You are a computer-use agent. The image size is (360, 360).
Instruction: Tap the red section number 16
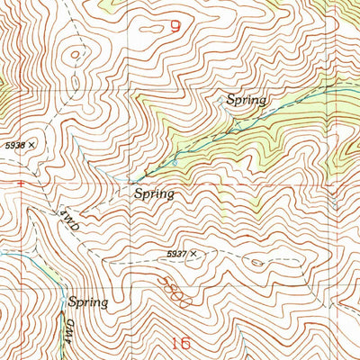tap(181, 342)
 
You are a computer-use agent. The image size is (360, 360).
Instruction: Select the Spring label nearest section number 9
tap(247, 101)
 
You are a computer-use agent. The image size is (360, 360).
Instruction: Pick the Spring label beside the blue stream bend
tap(88, 302)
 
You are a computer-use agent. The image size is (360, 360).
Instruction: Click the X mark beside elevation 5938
tap(32, 143)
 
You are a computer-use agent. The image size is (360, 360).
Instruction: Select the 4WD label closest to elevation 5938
tap(70, 222)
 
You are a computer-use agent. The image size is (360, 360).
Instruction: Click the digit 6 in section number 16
tap(186, 342)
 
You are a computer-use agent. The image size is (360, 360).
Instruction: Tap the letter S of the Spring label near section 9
tap(230, 101)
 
